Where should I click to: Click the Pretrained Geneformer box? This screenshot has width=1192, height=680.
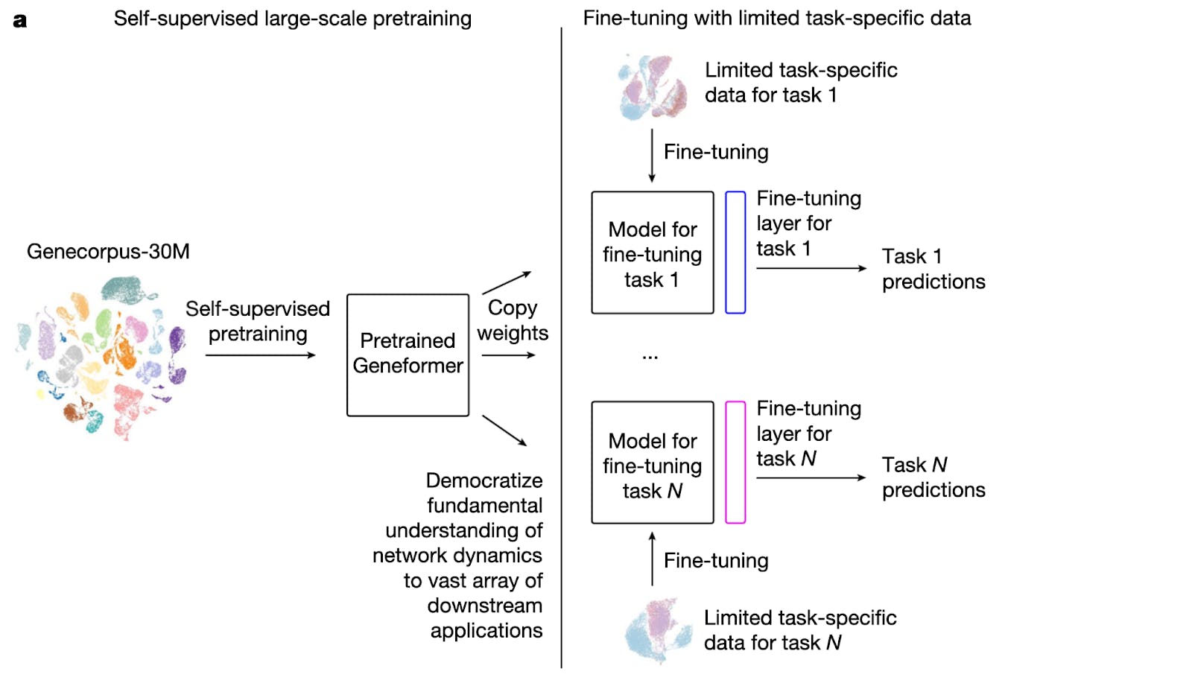(408, 355)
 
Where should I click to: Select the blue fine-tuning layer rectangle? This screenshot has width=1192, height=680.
(735, 252)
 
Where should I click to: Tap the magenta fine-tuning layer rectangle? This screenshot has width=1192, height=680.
(735, 463)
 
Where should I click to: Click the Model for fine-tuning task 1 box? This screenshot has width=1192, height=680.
(652, 253)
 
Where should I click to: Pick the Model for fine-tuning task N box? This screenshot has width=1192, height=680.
(652, 463)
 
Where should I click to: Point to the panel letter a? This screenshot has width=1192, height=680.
(20, 20)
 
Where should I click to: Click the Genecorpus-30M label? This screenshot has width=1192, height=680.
(108, 252)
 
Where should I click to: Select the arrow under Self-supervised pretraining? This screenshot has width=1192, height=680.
(260, 355)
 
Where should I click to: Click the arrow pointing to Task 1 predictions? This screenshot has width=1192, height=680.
(811, 268)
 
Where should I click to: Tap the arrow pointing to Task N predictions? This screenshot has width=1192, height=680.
(811, 477)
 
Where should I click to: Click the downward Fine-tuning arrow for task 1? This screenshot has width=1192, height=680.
(652, 155)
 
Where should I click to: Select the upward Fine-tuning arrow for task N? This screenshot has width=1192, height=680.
(652, 559)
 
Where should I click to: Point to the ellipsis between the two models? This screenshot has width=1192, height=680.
(650, 358)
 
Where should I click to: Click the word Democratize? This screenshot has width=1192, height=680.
(484, 480)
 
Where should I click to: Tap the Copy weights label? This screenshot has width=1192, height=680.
(513, 320)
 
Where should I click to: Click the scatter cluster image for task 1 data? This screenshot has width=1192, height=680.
(653, 88)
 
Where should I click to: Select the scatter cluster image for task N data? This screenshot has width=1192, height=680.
(658, 630)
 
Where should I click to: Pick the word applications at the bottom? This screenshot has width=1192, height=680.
(486, 631)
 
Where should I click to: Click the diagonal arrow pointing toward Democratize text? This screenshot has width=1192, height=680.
(504, 430)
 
